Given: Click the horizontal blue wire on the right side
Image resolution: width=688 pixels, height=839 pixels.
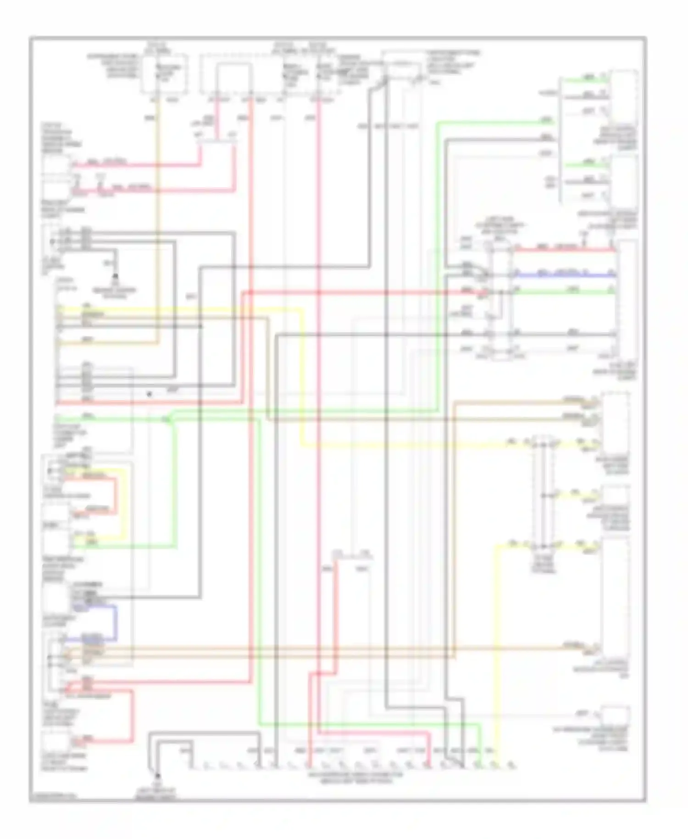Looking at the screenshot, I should (564, 275).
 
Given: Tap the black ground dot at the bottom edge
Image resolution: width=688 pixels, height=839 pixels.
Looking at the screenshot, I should (157, 775).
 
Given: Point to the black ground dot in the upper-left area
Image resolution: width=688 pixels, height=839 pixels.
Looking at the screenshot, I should (115, 276).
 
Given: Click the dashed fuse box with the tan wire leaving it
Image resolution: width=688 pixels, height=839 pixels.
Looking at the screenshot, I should (164, 73).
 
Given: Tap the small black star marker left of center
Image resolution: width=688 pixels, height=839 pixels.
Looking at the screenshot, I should (149, 394).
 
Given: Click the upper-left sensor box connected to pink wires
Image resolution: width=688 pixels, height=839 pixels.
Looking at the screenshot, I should (57, 166).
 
